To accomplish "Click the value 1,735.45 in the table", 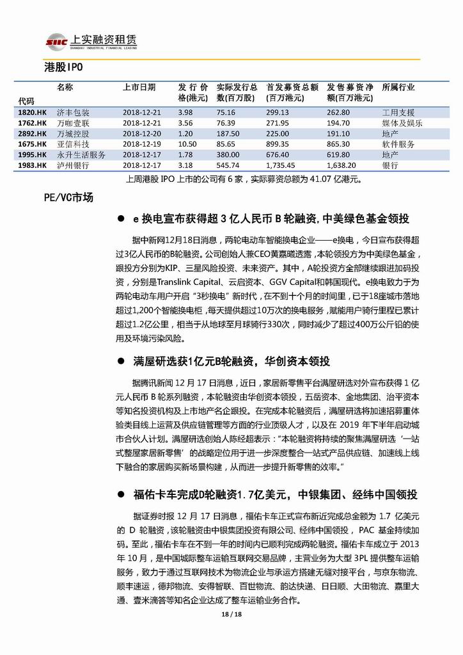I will click(x=281, y=165).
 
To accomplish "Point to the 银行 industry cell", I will click(x=389, y=165).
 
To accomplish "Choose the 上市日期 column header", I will click(x=139, y=87).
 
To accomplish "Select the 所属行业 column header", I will click(x=398, y=87).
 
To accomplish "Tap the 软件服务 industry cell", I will click(x=398, y=144).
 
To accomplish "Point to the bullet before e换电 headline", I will click(x=120, y=219).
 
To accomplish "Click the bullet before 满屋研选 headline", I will click(x=120, y=362).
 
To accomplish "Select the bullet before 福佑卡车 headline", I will click(x=120, y=495).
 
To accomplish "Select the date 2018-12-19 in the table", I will click(x=143, y=144).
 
